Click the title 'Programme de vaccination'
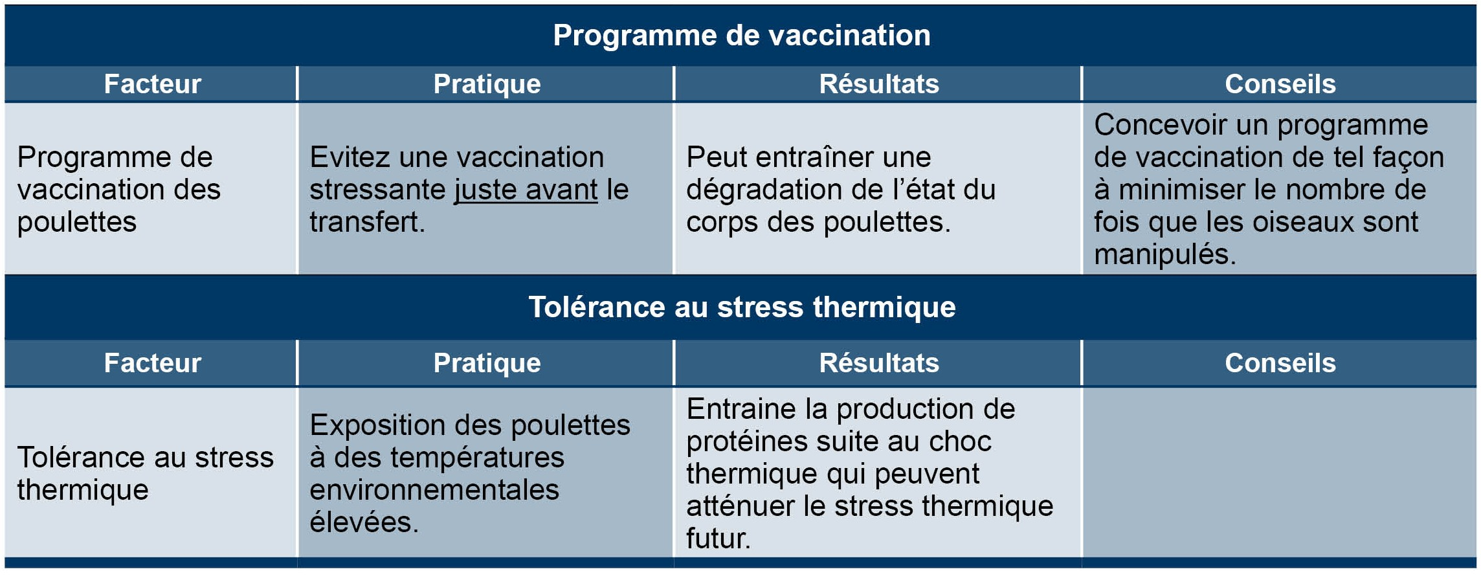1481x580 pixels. click(x=742, y=35)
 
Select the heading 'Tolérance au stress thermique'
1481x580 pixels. click(x=742, y=307)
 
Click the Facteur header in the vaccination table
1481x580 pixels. click(x=153, y=84)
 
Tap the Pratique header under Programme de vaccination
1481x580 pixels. click(x=487, y=84)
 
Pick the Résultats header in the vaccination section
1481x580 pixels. click(x=879, y=84)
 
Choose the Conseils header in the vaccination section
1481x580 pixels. click(x=1280, y=84)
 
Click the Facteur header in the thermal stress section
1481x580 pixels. click(x=153, y=363)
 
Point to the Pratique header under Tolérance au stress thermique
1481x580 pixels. click(x=487, y=363)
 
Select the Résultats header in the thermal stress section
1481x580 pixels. click(x=879, y=363)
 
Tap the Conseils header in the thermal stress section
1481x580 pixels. click(x=1280, y=363)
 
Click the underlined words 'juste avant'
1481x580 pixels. click(x=526, y=190)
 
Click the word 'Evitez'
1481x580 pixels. click(x=350, y=157)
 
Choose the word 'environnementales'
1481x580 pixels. click(x=434, y=490)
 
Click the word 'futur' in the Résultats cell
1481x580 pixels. click(x=715, y=539)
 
